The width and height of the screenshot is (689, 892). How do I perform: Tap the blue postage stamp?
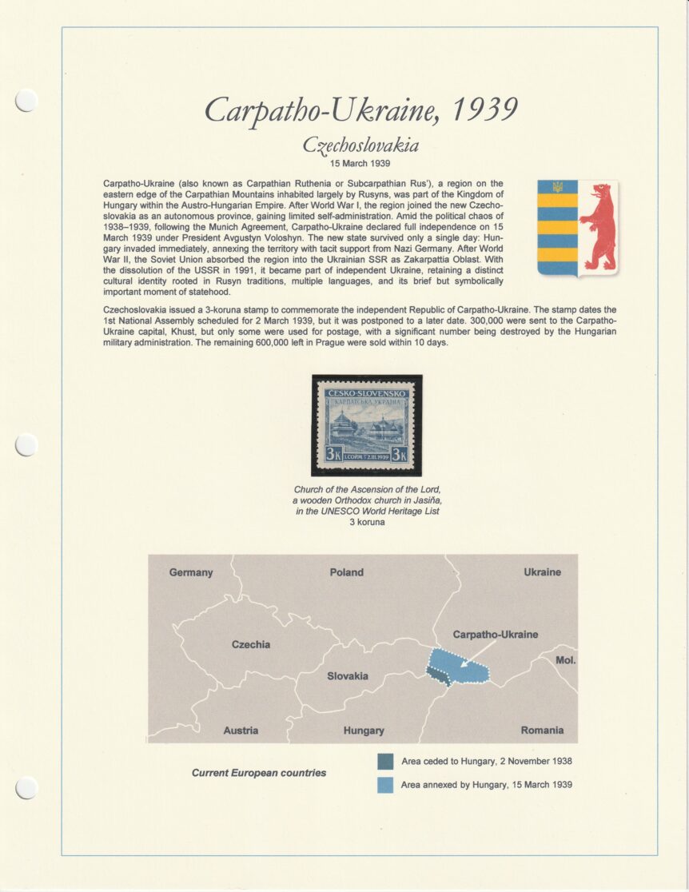click(367, 425)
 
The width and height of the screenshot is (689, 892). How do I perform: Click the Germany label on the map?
click(191, 572)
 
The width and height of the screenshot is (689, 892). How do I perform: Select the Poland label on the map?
click(346, 572)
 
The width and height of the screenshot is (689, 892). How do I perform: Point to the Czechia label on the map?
click(251, 644)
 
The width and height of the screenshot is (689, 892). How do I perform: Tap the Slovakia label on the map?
click(348, 676)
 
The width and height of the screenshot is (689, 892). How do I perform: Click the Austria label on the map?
click(241, 730)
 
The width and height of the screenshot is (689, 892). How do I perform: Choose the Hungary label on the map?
click(364, 730)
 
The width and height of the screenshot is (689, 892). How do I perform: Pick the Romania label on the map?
click(542, 730)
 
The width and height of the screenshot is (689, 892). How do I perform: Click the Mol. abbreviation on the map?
click(565, 660)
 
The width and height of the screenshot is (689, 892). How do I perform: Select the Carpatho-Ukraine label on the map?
click(496, 635)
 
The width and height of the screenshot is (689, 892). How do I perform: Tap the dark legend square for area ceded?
click(385, 761)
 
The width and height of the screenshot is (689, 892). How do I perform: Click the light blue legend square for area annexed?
click(385, 785)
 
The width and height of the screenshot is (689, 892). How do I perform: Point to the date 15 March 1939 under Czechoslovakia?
click(360, 163)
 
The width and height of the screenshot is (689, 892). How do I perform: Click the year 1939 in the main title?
click(485, 110)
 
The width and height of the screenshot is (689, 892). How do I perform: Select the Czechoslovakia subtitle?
click(360, 145)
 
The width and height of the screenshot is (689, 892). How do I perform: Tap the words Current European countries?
click(259, 773)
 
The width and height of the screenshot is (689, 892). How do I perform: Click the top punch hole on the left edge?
click(26, 100)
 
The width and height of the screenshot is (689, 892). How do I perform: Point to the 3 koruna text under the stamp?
click(367, 522)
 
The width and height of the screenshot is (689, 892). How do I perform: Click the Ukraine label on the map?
click(542, 572)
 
